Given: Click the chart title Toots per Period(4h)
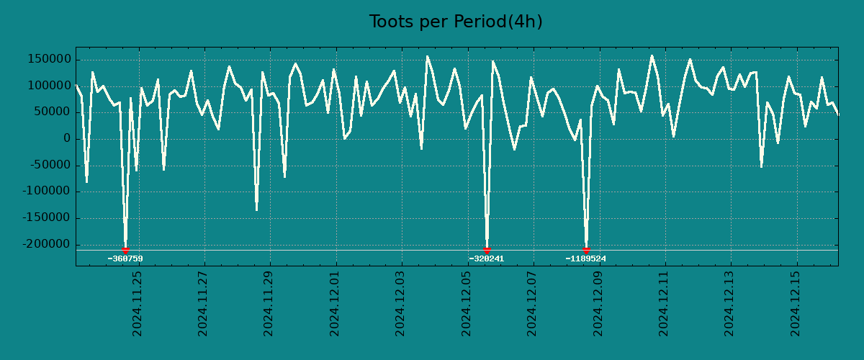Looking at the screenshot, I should click(456, 22).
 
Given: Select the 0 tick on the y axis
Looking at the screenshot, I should click(67, 139).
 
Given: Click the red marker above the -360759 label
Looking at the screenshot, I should click(125, 250).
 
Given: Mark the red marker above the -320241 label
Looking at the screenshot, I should click(487, 250).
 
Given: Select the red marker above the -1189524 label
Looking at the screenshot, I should click(586, 250).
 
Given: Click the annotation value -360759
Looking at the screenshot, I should click(125, 259).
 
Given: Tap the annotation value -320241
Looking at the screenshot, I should click(486, 259).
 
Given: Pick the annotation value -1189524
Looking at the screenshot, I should click(586, 259).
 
